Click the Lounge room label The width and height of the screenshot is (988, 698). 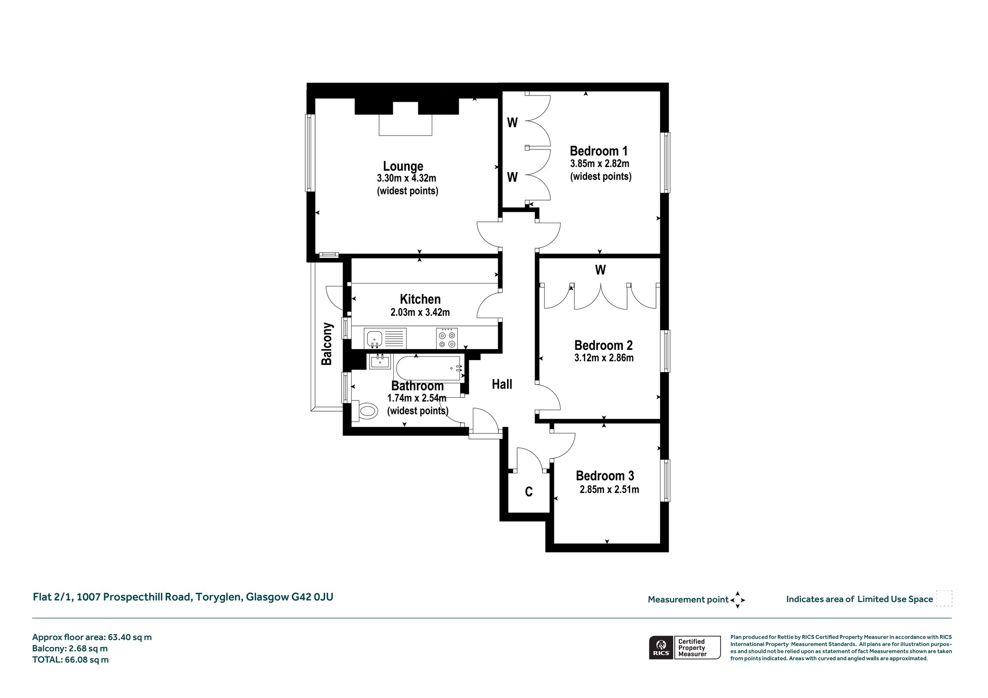tap(403, 166)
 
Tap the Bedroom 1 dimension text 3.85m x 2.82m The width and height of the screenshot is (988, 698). tap(600, 163)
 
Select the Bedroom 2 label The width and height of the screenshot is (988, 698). tap(603, 345)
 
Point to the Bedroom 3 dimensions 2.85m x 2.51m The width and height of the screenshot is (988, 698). tap(609, 489)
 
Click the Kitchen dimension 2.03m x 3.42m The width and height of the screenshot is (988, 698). tap(420, 312)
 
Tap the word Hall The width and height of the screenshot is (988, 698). tap(502, 384)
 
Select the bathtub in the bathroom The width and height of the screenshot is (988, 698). tap(427, 369)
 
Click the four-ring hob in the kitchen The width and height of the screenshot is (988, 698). tap(447, 338)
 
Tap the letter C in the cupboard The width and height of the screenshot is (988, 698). tap(529, 492)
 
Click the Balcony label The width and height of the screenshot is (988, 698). tap(327, 344)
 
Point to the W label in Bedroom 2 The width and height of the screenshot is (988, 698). tap(600, 270)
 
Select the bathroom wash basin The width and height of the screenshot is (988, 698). tap(380, 361)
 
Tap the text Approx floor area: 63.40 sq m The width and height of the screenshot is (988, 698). tap(92, 637)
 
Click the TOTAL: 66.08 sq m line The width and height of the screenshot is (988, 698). tap(70, 660)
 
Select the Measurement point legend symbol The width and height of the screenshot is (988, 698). tap(738, 600)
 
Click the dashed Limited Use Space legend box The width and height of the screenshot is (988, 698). tap(944, 599)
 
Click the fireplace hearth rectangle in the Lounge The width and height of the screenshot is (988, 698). tap(405, 125)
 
